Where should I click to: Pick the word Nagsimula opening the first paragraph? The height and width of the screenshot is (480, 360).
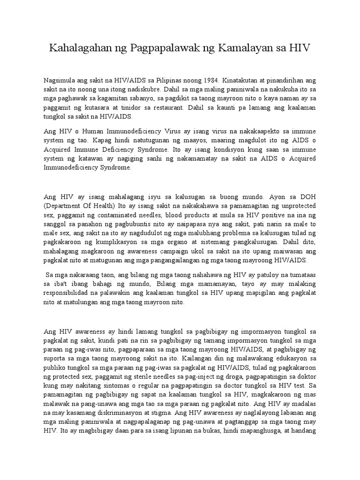[59, 80]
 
